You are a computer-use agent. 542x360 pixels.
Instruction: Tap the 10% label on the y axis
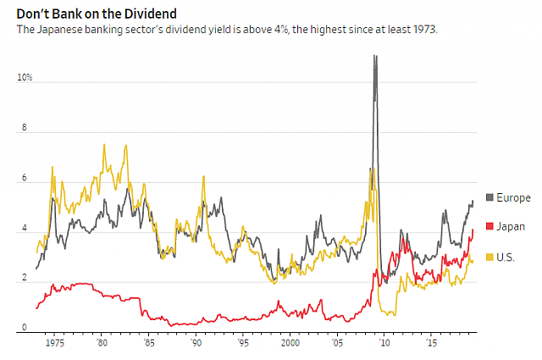[x=25, y=78]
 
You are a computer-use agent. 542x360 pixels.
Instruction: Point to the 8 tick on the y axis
[x=25, y=129]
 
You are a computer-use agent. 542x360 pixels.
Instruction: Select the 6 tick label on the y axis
[x=25, y=179]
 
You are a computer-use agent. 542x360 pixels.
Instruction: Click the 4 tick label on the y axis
[x=25, y=229]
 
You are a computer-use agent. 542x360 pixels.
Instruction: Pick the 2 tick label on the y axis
[x=25, y=280]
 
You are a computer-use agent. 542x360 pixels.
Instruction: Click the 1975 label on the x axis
[x=57, y=343]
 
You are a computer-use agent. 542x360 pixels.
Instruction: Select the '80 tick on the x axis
[x=102, y=343]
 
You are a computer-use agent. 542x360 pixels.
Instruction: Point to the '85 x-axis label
[x=149, y=343]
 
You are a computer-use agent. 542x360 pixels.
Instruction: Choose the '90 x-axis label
[x=196, y=343]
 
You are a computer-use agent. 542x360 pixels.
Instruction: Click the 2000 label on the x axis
[x=290, y=343]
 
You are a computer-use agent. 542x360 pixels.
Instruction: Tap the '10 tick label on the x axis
[x=384, y=343]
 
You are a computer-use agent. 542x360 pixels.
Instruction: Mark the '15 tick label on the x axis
[x=432, y=343]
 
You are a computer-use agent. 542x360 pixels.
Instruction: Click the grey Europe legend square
[x=489, y=198]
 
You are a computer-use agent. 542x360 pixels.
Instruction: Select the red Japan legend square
[x=489, y=227]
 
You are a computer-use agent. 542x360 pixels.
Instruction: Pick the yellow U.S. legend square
[x=489, y=257]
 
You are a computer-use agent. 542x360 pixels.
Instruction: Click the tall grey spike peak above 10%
[x=374, y=57]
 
